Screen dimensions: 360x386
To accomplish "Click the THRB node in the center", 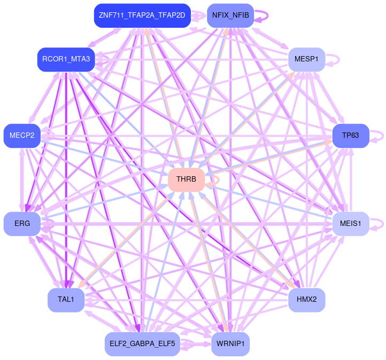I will click(186, 179).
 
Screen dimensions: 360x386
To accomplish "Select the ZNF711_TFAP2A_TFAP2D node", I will click(142, 15).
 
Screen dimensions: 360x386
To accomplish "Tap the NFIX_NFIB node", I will click(230, 15).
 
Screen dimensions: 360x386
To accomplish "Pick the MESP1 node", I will click(306, 59).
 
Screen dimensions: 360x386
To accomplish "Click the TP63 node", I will click(350, 135).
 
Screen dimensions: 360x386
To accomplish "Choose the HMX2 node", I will click(306, 300).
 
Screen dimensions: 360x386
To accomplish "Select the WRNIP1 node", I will click(230, 343).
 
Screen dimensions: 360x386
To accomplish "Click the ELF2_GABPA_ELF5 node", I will click(142, 343).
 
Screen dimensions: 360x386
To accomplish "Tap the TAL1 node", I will click(66, 300).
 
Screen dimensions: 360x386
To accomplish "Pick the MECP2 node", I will click(22, 135).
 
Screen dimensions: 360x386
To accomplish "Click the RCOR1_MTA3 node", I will click(66, 59).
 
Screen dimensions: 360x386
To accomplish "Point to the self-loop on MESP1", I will click(336, 59).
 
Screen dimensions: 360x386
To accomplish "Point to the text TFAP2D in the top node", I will click(172, 15).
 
